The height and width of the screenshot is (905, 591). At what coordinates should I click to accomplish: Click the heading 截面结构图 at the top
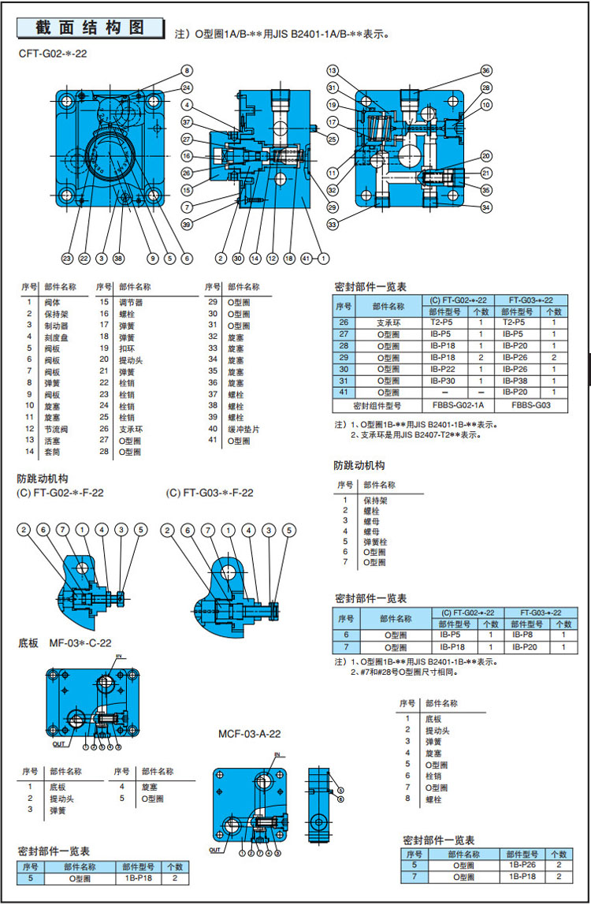(91, 28)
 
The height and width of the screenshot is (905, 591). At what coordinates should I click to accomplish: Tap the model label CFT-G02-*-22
(53, 54)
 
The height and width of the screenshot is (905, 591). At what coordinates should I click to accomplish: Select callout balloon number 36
(485, 70)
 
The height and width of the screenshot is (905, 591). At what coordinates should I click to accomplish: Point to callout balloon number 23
(67, 258)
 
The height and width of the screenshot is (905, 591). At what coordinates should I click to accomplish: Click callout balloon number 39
(186, 225)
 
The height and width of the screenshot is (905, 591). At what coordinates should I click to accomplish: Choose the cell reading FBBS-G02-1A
(458, 406)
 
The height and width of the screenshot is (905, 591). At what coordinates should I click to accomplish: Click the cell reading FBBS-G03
(530, 406)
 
